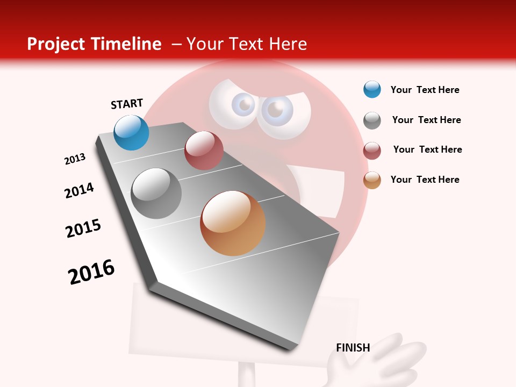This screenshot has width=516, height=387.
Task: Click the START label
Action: click(127, 104)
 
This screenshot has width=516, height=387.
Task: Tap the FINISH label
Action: click(353, 348)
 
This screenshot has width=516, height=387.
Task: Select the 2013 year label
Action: click(75, 159)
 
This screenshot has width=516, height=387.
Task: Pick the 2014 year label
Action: click(80, 190)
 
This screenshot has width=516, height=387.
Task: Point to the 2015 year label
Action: click(83, 228)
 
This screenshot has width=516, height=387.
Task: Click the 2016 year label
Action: click(91, 272)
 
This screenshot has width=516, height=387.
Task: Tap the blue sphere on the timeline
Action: click(132, 132)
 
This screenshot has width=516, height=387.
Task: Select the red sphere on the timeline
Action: click(204, 150)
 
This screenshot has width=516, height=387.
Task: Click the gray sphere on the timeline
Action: click(156, 193)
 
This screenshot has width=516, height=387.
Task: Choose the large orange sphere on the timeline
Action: click(233, 223)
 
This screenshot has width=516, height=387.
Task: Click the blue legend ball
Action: click(372, 89)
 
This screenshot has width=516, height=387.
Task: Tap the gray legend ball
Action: click(372, 120)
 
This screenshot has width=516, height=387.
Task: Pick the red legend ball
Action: click(372, 150)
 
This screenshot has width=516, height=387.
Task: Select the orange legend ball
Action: click(372, 180)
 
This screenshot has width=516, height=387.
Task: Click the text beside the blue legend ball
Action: click(425, 90)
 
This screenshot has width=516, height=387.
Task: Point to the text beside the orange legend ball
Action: click(425, 180)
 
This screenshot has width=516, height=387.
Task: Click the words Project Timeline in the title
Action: click(94, 44)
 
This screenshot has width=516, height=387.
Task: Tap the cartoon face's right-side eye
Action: click(276, 110)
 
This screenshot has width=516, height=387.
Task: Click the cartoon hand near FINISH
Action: click(376, 365)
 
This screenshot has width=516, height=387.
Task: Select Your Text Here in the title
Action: click(247, 44)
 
